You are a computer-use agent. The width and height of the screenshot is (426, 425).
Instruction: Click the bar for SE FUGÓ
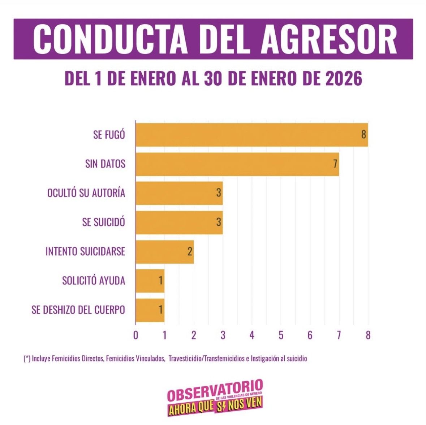pyautogui.click(x=251, y=135)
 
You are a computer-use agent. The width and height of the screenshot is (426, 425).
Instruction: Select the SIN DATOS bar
pyautogui.click(x=237, y=164)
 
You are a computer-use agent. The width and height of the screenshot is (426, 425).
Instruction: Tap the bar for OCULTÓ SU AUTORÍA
pyautogui.click(x=179, y=193)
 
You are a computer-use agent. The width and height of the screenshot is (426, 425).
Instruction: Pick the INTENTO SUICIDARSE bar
pyautogui.click(x=164, y=252)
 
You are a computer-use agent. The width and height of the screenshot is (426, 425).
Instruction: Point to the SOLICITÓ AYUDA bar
pyautogui.click(x=150, y=281)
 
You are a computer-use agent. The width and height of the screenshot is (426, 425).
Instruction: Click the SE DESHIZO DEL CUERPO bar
pyautogui.click(x=150, y=310)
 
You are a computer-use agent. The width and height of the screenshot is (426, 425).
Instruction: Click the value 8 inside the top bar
pyautogui.click(x=363, y=135)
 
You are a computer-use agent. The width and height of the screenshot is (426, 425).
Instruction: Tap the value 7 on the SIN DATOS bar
pyautogui.click(x=335, y=164)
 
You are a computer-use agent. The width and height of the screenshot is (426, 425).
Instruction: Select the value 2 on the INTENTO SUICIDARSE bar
pyautogui.click(x=190, y=252)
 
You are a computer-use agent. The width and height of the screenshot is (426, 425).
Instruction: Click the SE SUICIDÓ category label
pyautogui.click(x=103, y=222)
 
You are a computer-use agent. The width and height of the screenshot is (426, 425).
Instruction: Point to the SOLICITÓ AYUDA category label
pyautogui.click(x=94, y=281)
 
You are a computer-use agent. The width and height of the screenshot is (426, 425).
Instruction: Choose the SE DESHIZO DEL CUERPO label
pyautogui.click(x=78, y=310)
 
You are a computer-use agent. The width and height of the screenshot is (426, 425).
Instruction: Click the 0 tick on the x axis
pyautogui.click(x=135, y=335)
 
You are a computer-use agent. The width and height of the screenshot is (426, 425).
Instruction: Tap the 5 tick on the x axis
pyautogui.click(x=281, y=335)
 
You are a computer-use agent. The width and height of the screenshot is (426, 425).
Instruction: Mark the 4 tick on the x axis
pyautogui.click(x=252, y=335)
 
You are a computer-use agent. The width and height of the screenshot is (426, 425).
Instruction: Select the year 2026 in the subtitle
pyautogui.click(x=344, y=79)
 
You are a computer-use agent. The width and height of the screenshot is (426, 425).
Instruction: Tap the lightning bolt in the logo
pyautogui.click(x=223, y=407)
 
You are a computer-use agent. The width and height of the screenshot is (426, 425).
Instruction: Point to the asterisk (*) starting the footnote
pyautogui.click(x=27, y=359)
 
